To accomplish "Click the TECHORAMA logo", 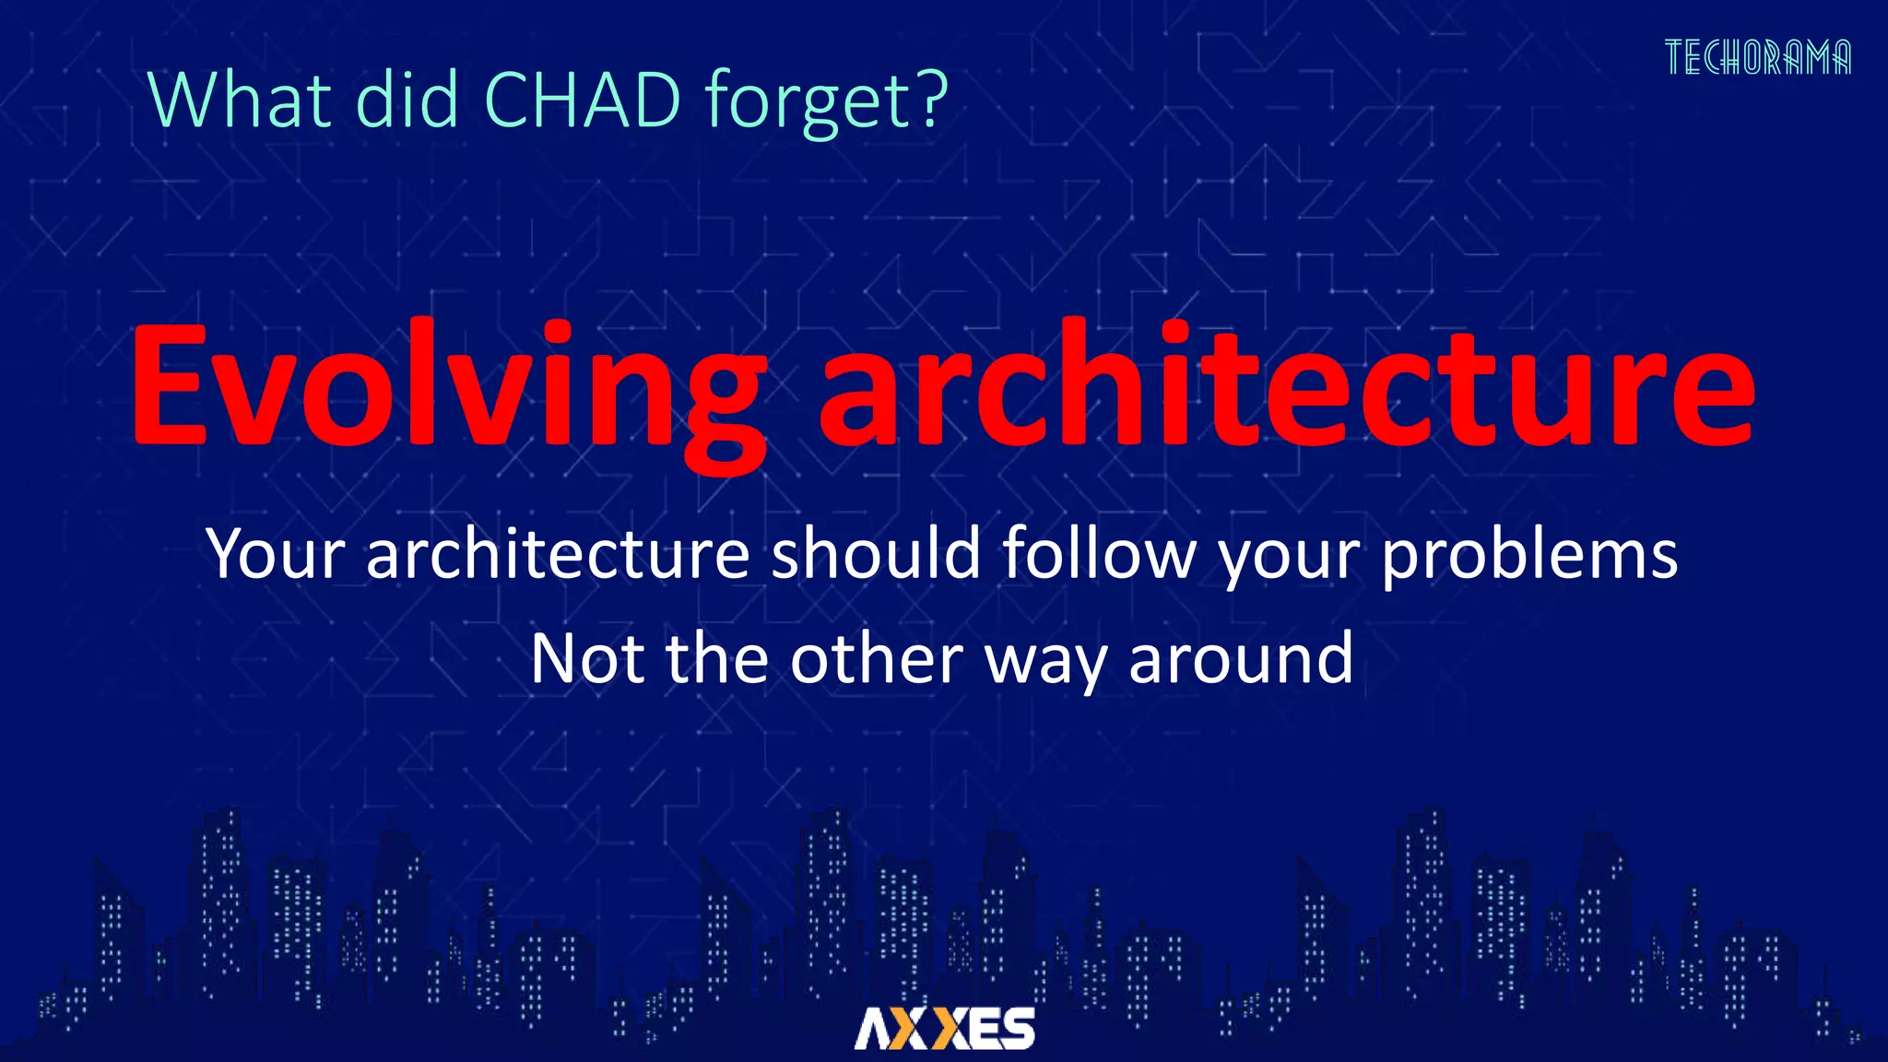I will [1757, 58].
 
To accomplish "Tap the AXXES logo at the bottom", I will [944, 1029].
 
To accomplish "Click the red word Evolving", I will [449, 387].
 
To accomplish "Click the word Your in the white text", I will [276, 556].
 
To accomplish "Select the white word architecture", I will [558, 554].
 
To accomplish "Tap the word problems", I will [1528, 556].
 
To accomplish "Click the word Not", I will [585, 659].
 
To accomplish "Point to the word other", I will [876, 659].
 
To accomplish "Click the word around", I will [1241, 659].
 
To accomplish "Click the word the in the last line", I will [716, 659].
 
